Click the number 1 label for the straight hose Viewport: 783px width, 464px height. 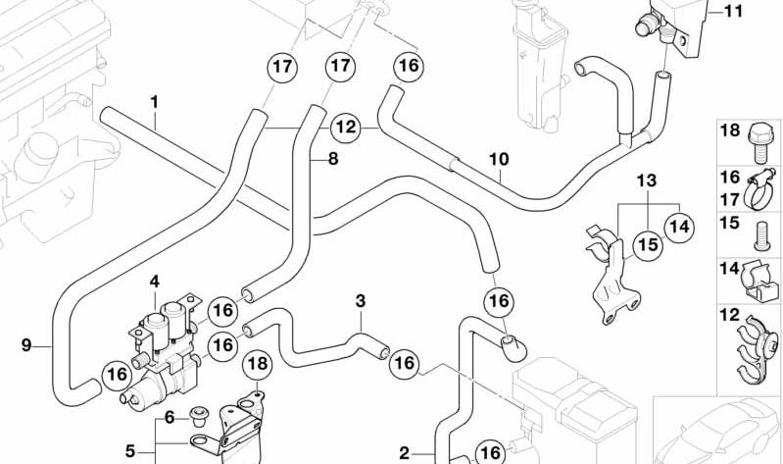point(154,102)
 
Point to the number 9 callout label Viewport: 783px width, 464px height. point(26,343)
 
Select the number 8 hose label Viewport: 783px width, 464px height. point(332,157)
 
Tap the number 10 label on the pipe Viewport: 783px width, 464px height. point(499,157)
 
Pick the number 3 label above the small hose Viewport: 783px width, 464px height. point(360,300)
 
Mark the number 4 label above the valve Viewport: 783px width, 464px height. point(154,282)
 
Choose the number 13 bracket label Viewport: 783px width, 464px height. point(644,180)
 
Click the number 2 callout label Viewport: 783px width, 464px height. point(403,452)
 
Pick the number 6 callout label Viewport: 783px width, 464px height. point(170,417)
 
